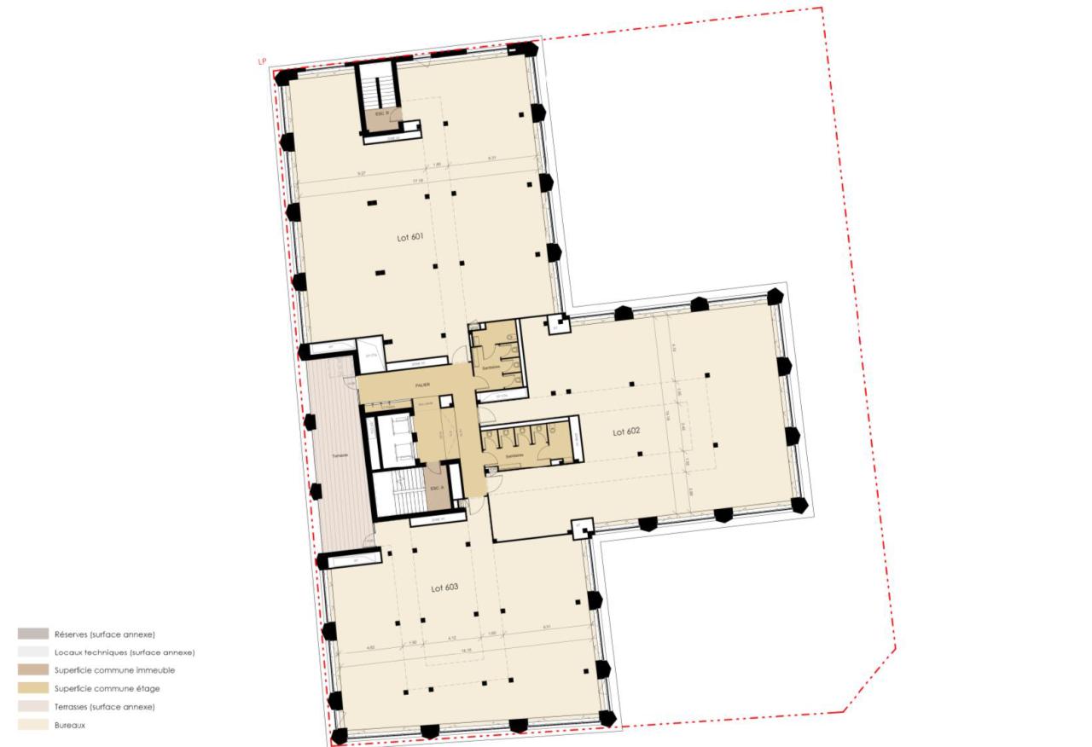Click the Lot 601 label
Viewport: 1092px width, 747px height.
pos(409,237)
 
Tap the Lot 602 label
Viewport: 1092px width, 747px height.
pos(625,431)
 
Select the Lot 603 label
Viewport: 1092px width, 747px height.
pos(444,588)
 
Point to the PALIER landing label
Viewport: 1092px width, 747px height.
pos(422,385)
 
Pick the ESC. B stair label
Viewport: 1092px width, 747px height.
pos(381,113)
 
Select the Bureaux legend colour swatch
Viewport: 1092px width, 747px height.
pos(32,725)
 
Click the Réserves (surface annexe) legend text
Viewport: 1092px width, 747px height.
pos(104,634)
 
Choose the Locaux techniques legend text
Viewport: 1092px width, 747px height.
pos(124,652)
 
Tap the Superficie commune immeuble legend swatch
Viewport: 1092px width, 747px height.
pos(32,670)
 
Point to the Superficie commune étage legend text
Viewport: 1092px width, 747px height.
pos(107,688)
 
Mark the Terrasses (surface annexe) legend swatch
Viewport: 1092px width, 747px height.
pos(32,707)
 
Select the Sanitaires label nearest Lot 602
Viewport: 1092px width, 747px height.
pos(514,456)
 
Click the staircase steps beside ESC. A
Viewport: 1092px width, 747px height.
pos(398,495)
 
